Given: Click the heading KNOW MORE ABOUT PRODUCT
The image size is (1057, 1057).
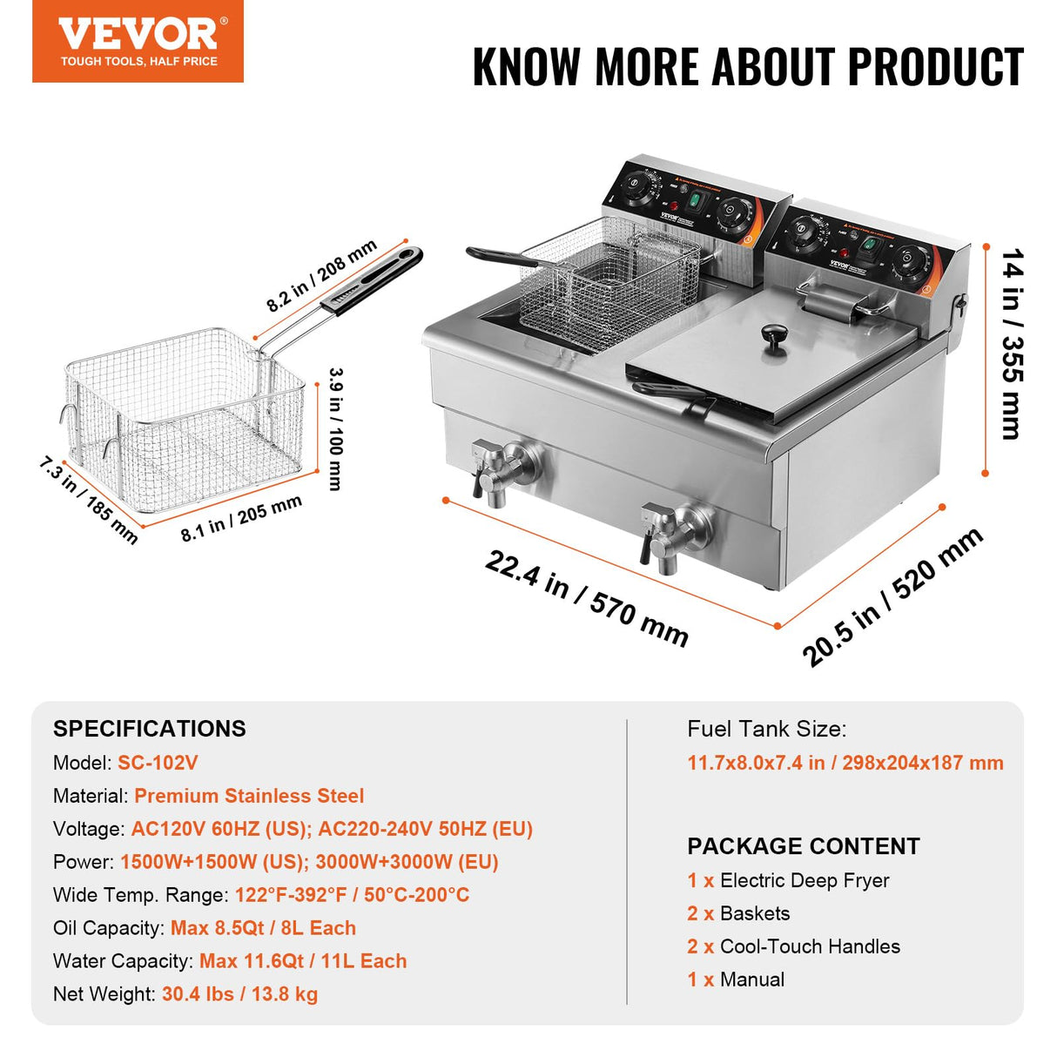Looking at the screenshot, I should pyautogui.click(x=747, y=67).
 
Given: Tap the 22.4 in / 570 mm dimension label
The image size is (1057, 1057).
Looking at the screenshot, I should pyautogui.click(x=586, y=598).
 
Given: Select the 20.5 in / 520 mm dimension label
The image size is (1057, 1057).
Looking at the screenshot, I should pyautogui.click(x=892, y=596).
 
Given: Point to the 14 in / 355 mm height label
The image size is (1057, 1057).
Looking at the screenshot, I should pyautogui.click(x=1012, y=344).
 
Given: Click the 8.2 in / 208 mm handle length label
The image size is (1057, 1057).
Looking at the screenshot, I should pyautogui.click(x=321, y=275).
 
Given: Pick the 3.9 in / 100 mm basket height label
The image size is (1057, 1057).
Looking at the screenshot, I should pyautogui.click(x=336, y=428).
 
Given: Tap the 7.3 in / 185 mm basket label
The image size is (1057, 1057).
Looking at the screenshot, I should pyautogui.click(x=88, y=500).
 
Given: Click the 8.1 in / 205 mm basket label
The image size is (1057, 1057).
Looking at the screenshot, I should pyautogui.click(x=241, y=518).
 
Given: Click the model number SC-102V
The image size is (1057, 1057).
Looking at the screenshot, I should pyautogui.click(x=158, y=763).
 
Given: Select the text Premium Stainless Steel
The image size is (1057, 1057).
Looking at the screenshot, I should pyautogui.click(x=249, y=796).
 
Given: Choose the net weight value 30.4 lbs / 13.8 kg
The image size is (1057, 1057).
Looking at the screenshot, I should pyautogui.click(x=239, y=994).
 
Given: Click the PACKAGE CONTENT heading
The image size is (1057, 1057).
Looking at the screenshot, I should pyautogui.click(x=803, y=846).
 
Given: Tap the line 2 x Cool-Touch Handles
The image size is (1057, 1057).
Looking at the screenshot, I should pyautogui.click(x=793, y=946).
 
